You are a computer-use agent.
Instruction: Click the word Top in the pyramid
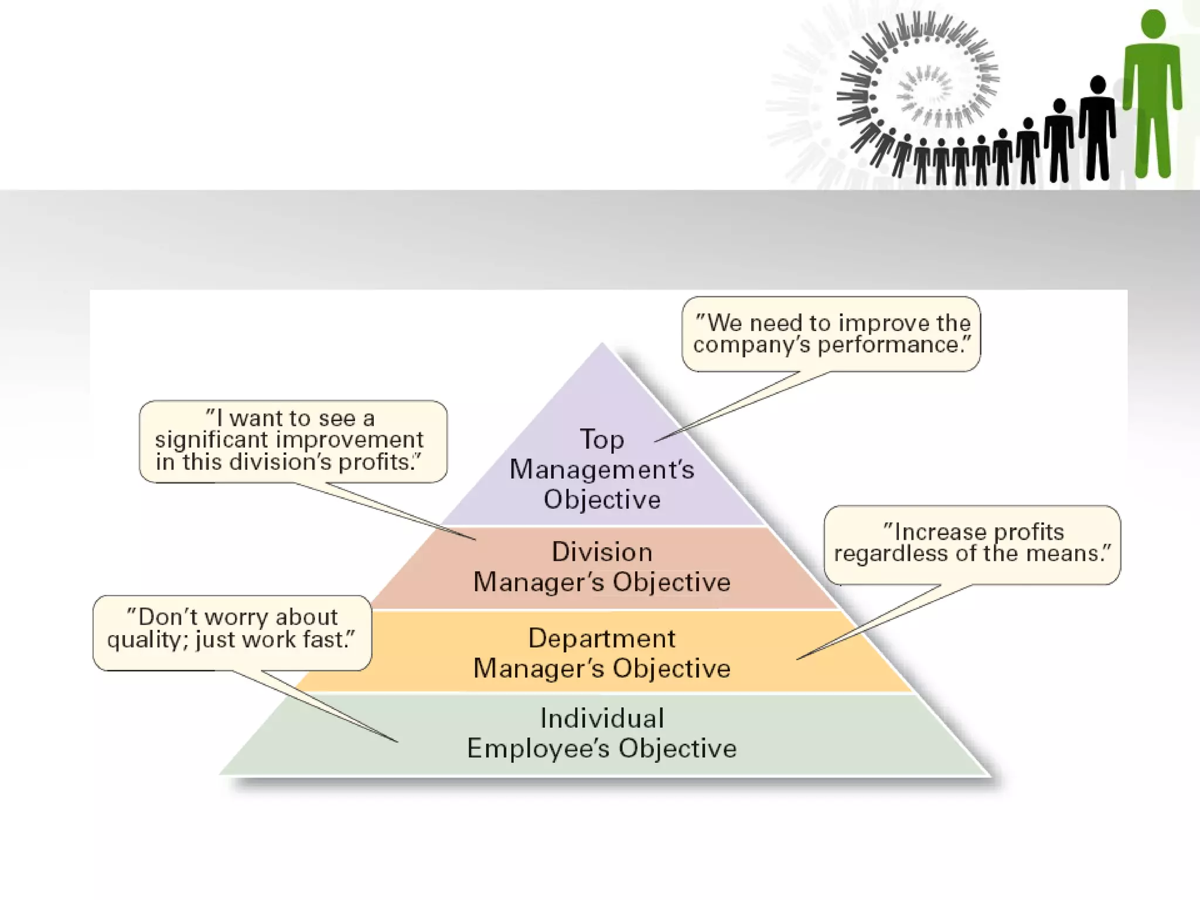pos(602,440)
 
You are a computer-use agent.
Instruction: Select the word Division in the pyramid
pos(602,552)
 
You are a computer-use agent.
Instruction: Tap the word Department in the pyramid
pos(602,639)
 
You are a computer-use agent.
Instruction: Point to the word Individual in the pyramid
pos(602,718)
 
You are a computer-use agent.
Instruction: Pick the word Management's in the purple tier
pos(602,470)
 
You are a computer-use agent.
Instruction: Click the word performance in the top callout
pos(889,345)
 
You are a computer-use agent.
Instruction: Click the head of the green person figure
pos(1153,25)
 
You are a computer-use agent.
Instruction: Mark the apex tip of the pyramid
pos(602,345)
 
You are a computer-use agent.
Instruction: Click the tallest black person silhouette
pos(1097,129)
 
